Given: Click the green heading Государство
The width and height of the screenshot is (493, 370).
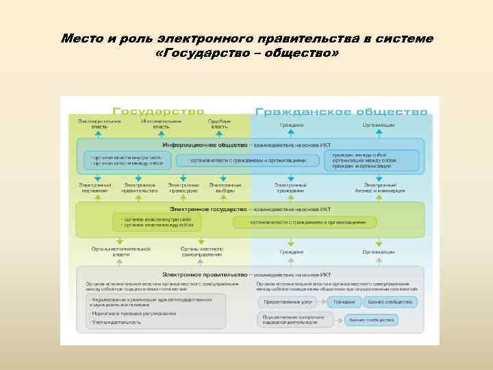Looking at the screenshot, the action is tap(158, 110).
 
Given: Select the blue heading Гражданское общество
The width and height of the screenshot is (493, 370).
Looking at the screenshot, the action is tap(341, 110).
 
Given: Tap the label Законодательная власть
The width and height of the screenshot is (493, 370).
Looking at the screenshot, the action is tap(99, 124).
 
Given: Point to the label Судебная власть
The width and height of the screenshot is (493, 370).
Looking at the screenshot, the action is tap(218, 124).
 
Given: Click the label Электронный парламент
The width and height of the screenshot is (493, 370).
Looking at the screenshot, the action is tap(95, 187).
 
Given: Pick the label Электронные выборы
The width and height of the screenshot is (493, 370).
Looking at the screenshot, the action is tap(225, 187).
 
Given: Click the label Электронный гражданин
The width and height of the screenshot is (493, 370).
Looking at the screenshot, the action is tap(290, 187).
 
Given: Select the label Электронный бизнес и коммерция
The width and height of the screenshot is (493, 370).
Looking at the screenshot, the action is tap(379, 187).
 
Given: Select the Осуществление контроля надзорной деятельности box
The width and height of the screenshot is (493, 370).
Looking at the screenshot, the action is tap(295, 319).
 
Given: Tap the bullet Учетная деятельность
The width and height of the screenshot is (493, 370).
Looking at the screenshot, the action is tap(116, 322).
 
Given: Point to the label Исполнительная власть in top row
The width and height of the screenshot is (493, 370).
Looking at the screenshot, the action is tap(161, 124).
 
